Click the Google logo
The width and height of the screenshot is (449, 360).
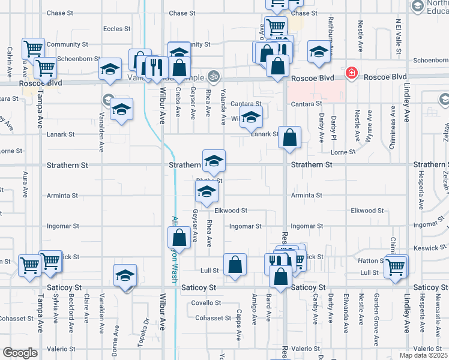[x=20, y=353]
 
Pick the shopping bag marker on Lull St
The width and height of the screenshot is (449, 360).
[x=235, y=265]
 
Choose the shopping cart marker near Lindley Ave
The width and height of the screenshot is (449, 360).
[x=396, y=267]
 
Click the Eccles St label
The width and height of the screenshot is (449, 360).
[x=116, y=29]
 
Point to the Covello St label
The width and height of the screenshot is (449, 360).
[x=206, y=303]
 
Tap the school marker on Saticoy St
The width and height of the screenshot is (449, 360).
[x=125, y=276]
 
